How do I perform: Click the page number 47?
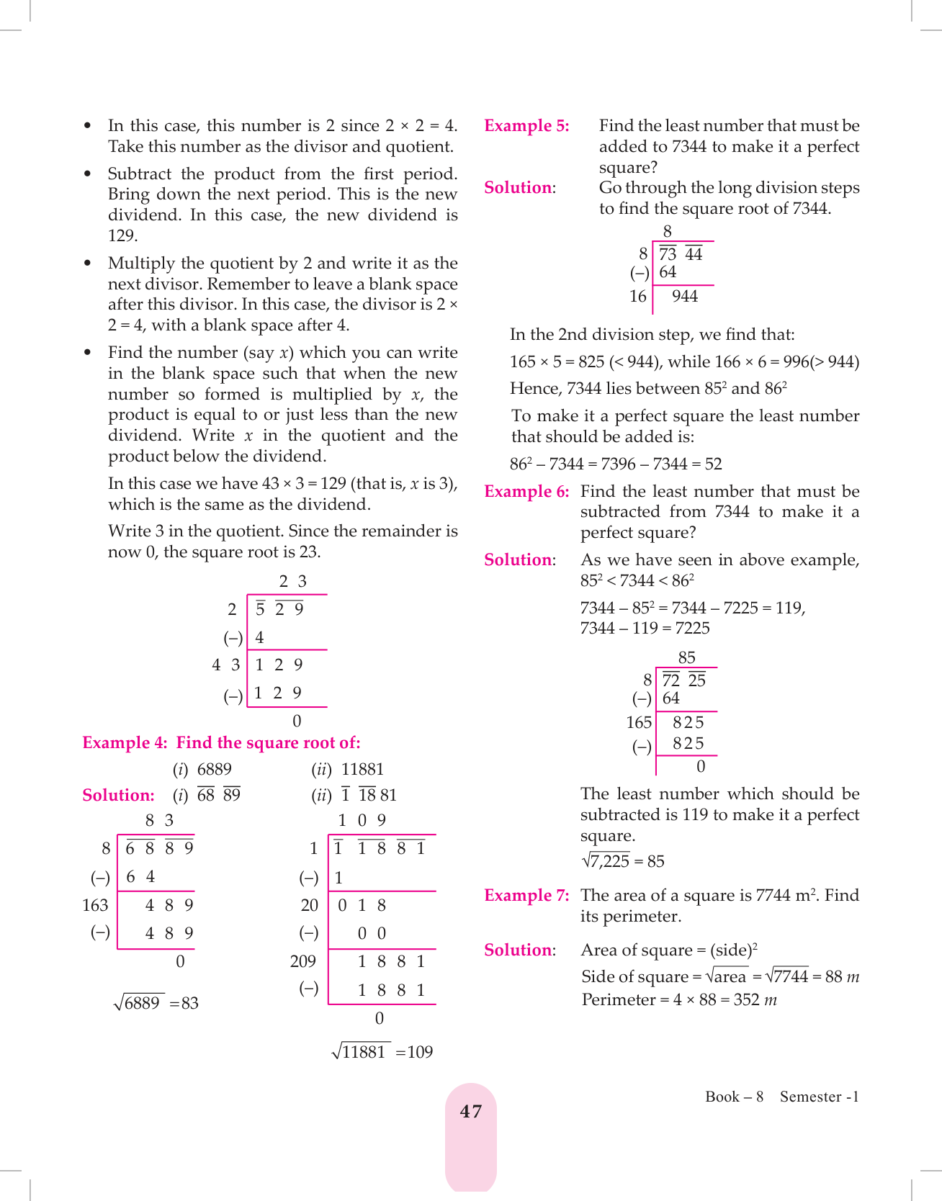pyautogui.click(x=471, y=1112)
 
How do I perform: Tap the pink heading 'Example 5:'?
pyautogui.click(x=526, y=126)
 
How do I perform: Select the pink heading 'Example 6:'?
pyautogui.click(x=526, y=492)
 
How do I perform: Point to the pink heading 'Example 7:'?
pyautogui.click(x=526, y=896)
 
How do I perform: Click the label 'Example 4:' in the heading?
pyautogui.click(x=125, y=743)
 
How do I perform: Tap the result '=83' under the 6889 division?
pyautogui.click(x=184, y=1004)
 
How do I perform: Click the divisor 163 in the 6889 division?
pyautogui.click(x=95, y=906)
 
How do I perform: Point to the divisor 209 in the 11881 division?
pyautogui.click(x=303, y=962)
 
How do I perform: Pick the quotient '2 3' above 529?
pyautogui.click(x=292, y=582)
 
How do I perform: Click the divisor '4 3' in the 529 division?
pyautogui.click(x=225, y=665)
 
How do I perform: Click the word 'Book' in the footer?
pyautogui.click(x=722, y=1097)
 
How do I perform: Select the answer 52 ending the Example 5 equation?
pyautogui.click(x=713, y=464)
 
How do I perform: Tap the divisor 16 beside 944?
pyautogui.click(x=638, y=297)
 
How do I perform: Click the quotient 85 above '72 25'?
pyautogui.click(x=687, y=658)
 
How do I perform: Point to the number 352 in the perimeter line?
pyautogui.click(x=748, y=1000)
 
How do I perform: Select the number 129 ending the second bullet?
pyautogui.click(x=122, y=236)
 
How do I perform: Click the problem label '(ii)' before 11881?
pyautogui.click(x=321, y=770)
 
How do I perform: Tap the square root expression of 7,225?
pyautogui.click(x=605, y=861)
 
